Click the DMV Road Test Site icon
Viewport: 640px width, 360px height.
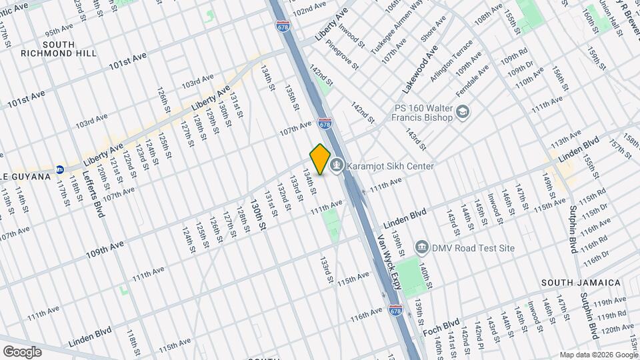click(422, 247)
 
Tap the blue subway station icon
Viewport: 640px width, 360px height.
click(60, 169)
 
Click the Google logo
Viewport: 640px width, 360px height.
click(22, 351)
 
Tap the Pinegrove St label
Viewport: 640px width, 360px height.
click(343, 57)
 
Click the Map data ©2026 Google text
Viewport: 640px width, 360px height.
click(598, 355)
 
